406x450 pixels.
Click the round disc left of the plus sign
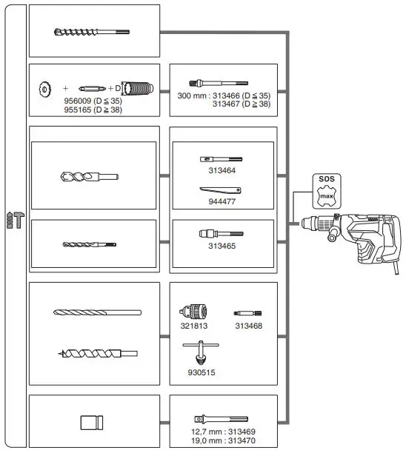pyautogui.click(x=44, y=90)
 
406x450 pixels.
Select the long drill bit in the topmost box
pyautogui.click(x=91, y=32)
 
